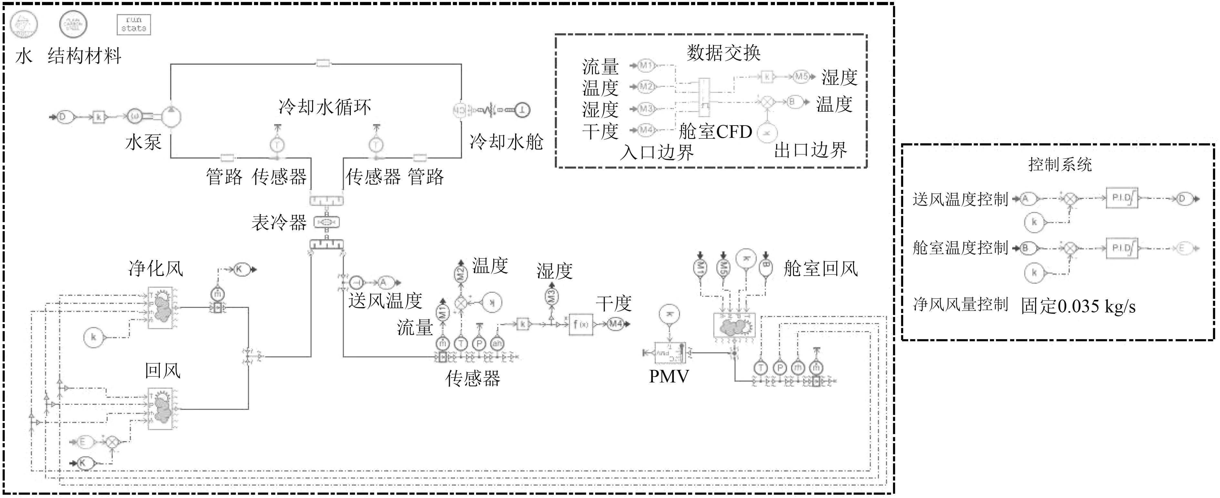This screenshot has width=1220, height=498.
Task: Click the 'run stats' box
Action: click(134, 25)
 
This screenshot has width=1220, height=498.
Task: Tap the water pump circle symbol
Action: click(171, 115)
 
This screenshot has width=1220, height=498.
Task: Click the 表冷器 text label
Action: click(279, 222)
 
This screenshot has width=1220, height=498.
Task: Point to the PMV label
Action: click(669, 376)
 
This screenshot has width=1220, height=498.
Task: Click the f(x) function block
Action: click(581, 324)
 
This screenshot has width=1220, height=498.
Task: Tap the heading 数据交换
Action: click(724, 53)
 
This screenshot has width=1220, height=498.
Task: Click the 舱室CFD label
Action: click(715, 132)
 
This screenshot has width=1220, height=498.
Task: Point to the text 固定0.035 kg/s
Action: click(1078, 306)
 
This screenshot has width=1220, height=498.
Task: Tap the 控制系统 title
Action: click(1060, 165)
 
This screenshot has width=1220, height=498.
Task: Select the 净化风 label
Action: click(156, 269)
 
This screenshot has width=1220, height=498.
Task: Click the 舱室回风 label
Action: click(821, 269)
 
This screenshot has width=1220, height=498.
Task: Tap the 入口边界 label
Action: click(657, 152)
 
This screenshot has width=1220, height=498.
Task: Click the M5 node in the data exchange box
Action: click(801, 77)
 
